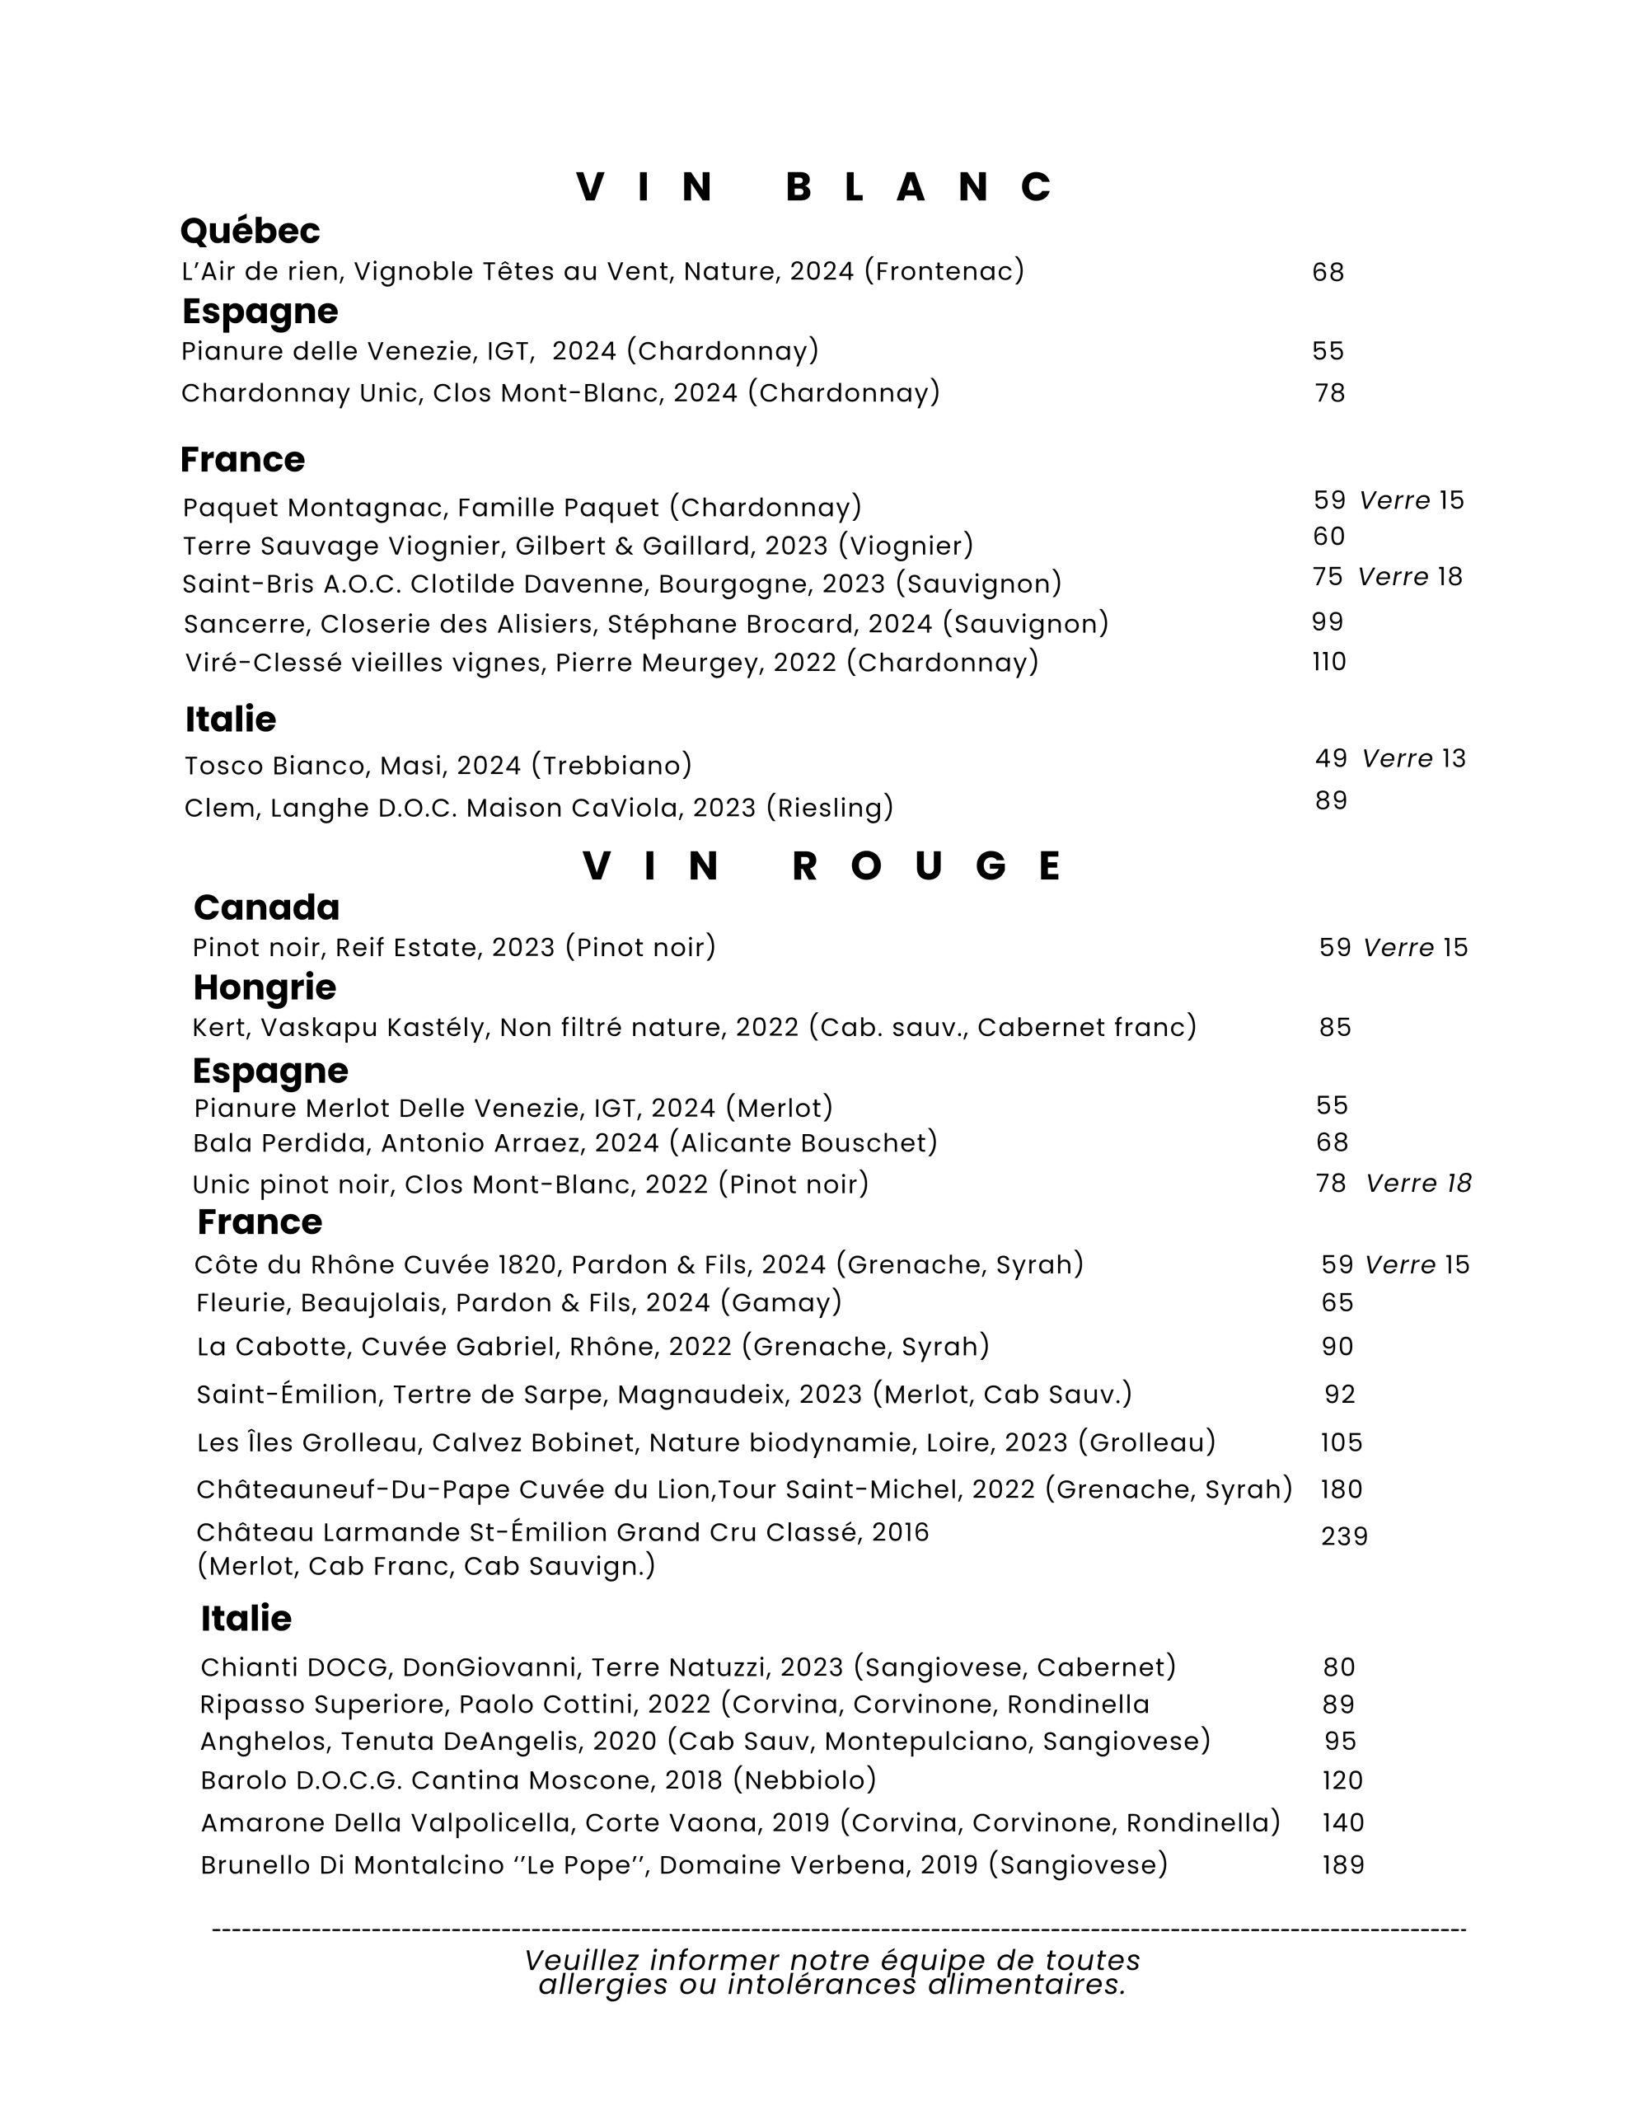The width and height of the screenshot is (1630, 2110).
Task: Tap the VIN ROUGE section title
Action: pos(822,866)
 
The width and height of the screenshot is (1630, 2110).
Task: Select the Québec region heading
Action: pos(250,231)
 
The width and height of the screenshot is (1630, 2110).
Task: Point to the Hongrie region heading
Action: pos(264,987)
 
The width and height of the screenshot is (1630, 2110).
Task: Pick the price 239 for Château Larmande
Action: pos(1344,1537)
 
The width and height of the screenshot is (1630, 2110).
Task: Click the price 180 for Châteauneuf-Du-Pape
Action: pos(1341,1489)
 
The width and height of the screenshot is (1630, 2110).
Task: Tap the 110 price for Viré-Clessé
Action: pos(1328,662)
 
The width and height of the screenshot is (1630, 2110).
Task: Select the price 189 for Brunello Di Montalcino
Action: pos(1343,1865)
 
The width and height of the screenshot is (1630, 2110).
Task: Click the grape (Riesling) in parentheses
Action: pos(829,808)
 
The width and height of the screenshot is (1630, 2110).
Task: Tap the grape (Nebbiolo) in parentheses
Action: pos(804,1780)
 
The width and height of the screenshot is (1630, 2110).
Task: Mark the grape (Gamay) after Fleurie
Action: pos(780,1303)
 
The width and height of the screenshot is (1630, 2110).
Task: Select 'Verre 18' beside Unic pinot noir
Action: pos(1417,1184)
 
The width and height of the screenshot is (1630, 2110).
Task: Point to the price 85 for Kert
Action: pos(1334,1028)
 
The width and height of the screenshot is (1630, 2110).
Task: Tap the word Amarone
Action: pos(263,1823)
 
